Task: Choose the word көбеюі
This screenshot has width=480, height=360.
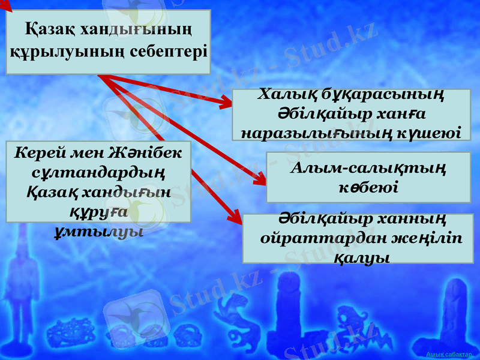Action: click(x=367, y=187)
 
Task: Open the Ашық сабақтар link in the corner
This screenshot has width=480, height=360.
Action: click(x=452, y=355)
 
